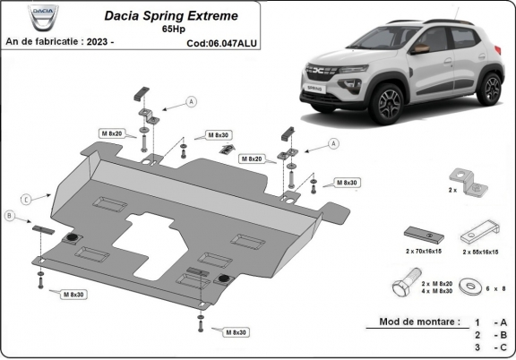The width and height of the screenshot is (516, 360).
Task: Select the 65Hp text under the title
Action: [174, 29]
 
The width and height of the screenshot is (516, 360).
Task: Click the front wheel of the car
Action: [390, 104]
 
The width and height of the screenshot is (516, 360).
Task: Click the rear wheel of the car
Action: [489, 88]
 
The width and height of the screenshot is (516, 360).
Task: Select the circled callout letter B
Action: [10, 216]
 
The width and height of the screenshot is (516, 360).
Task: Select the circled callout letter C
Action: [27, 197]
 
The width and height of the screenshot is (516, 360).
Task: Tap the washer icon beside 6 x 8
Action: [469, 287]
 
